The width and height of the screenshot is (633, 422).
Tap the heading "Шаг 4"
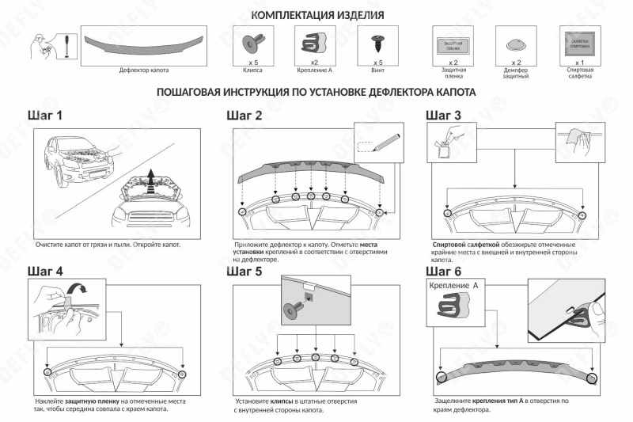[x=45, y=272]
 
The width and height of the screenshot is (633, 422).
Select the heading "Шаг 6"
[x=444, y=272]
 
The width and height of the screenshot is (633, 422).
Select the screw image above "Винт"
[x=377, y=40]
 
